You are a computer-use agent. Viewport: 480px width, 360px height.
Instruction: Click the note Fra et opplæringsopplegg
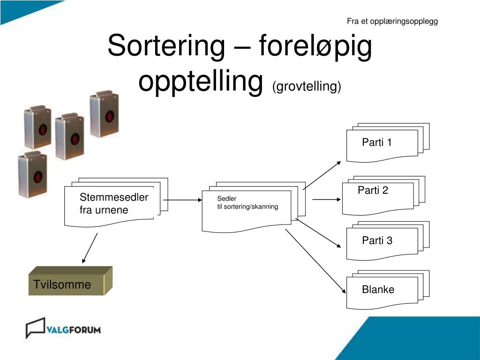392,21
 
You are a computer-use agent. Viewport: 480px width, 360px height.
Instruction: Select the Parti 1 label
376,142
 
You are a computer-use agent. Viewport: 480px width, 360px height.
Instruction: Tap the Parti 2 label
373,190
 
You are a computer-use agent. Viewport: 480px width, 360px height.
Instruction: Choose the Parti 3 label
377,241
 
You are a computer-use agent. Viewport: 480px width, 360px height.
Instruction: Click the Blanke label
378,290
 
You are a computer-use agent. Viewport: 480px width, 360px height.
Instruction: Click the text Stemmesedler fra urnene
113,203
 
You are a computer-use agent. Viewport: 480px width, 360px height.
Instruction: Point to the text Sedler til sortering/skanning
247,203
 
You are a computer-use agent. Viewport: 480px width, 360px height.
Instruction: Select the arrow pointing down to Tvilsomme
90,247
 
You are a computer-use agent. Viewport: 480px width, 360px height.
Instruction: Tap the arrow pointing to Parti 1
322,175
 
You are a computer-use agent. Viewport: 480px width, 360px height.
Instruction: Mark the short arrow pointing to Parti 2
327,200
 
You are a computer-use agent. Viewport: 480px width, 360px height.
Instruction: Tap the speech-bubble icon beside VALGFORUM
35,328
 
